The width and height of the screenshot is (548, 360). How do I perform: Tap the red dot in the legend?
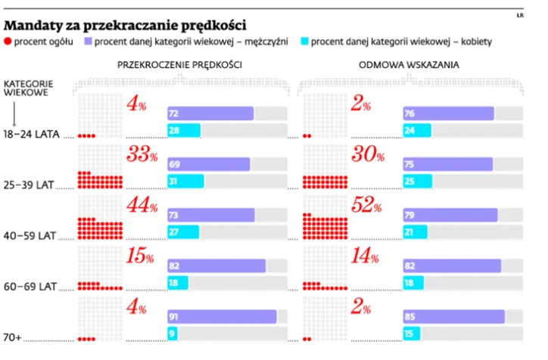(x=8, y=42)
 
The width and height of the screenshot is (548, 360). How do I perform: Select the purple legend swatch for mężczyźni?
(x=89, y=42)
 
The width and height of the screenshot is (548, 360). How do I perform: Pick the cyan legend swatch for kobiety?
(x=304, y=42)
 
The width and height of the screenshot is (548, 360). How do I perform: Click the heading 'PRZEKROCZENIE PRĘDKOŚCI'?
(x=179, y=66)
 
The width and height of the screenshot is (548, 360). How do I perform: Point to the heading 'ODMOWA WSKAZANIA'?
(x=409, y=66)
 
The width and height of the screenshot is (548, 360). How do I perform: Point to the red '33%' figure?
(x=142, y=156)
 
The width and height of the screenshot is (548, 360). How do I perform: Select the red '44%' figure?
(x=142, y=206)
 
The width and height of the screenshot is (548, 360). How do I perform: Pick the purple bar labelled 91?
(x=222, y=317)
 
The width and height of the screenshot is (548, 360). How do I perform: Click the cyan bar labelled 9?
(x=173, y=334)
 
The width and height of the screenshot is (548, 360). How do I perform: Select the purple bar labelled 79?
(x=450, y=215)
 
